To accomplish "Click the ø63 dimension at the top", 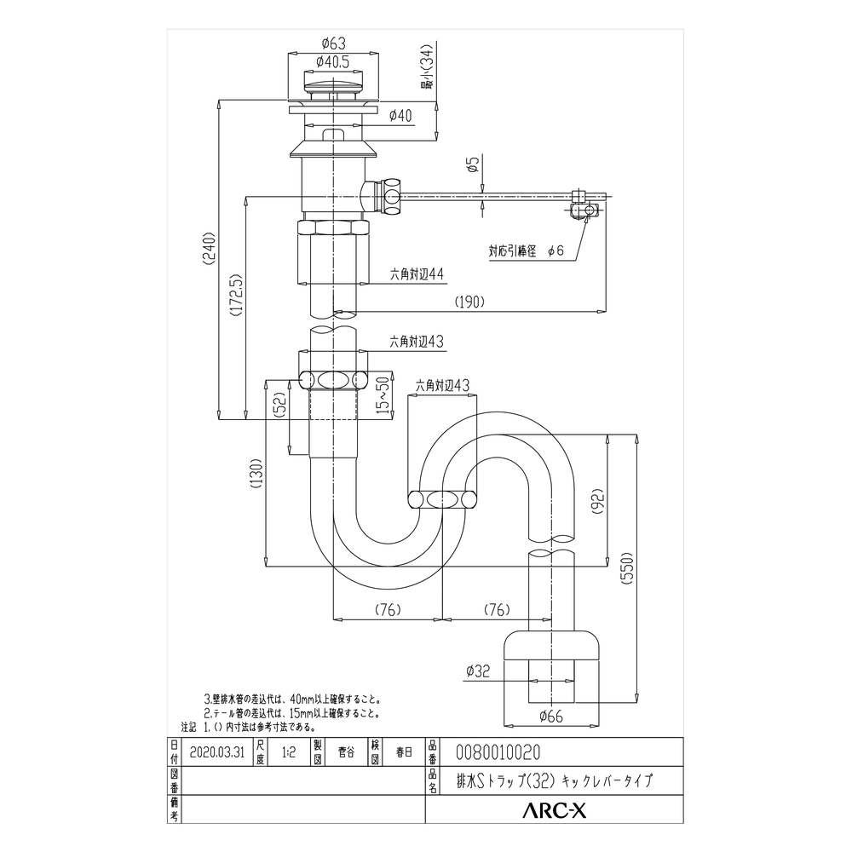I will [333, 44].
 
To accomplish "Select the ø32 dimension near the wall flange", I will [478, 671].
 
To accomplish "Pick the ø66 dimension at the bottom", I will [551, 716].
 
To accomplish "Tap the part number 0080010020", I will [498, 752].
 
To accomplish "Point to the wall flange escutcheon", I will [552, 645].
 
